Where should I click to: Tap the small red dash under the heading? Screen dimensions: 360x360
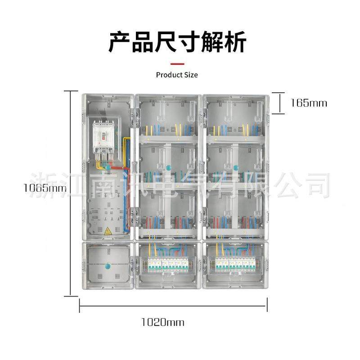tap(177, 64)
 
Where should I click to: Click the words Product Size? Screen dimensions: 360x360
tap(177, 75)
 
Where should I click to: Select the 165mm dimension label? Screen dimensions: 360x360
tap(309, 103)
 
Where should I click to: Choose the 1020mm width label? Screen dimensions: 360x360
tap(163, 322)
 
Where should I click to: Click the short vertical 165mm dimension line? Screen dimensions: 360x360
tap(279, 103)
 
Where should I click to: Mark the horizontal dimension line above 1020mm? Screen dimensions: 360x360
tap(173, 307)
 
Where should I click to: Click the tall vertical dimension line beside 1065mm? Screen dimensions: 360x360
tap(70, 193)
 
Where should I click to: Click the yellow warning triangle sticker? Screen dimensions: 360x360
tap(108, 232)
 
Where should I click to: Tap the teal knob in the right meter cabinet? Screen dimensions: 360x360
tap(235, 167)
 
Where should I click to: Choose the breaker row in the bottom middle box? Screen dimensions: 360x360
tap(167, 265)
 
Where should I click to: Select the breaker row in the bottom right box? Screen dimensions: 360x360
tap(234, 265)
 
